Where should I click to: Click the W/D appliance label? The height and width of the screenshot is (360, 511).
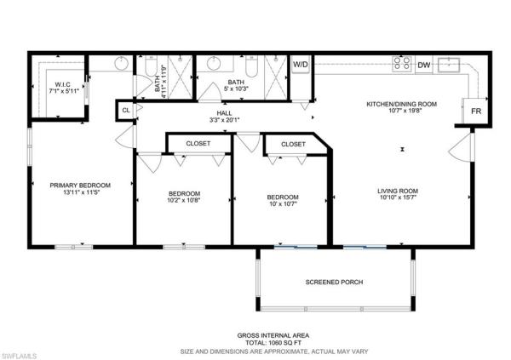pyautogui.click(x=300, y=64)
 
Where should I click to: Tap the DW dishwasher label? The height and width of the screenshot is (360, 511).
pyautogui.click(x=424, y=66)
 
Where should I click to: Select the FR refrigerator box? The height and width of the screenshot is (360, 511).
pyautogui.click(x=476, y=111)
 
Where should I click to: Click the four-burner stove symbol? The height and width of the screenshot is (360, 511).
pyautogui.click(x=401, y=64)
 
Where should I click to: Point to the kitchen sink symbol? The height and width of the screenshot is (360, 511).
pyautogui.click(x=449, y=65)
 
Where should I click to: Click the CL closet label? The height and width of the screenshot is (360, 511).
pyautogui.click(x=126, y=111)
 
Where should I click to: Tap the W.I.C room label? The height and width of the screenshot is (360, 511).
pyautogui.click(x=62, y=85)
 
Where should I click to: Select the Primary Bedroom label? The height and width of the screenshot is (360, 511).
pyautogui.click(x=80, y=186)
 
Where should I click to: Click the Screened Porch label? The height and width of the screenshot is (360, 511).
pyautogui.click(x=334, y=283)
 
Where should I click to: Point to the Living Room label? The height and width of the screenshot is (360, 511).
pyautogui.click(x=398, y=191)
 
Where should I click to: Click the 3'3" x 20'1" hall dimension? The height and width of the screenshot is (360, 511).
pyautogui.click(x=225, y=120)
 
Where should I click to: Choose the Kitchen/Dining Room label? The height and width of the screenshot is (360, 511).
pyautogui.click(x=401, y=104)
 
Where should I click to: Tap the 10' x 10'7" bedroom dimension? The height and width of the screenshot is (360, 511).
pyautogui.click(x=283, y=204)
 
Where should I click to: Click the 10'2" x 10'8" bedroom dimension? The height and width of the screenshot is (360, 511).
pyautogui.click(x=183, y=200)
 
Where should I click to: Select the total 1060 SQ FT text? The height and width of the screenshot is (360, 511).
pyautogui.click(x=273, y=343)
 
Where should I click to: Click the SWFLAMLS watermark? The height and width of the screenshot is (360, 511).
pyautogui.click(x=19, y=356)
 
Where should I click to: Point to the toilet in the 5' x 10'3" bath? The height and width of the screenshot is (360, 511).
pyautogui.click(x=251, y=67)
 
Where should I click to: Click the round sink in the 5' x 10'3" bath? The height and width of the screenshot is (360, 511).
pyautogui.click(x=214, y=64)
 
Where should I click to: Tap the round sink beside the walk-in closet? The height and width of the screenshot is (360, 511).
pyautogui.click(x=121, y=63)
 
